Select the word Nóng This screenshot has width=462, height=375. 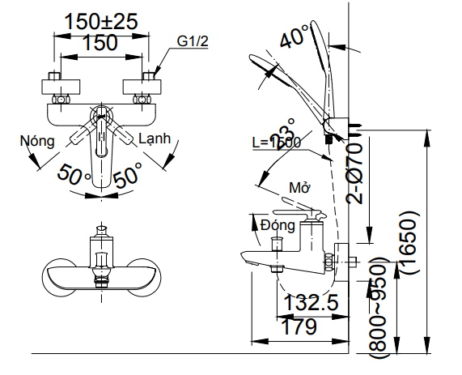coord(37,140)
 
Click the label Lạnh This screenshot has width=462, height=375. coord(155,138)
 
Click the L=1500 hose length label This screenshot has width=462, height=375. coord(276,142)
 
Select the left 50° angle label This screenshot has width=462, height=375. coord(74,173)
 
